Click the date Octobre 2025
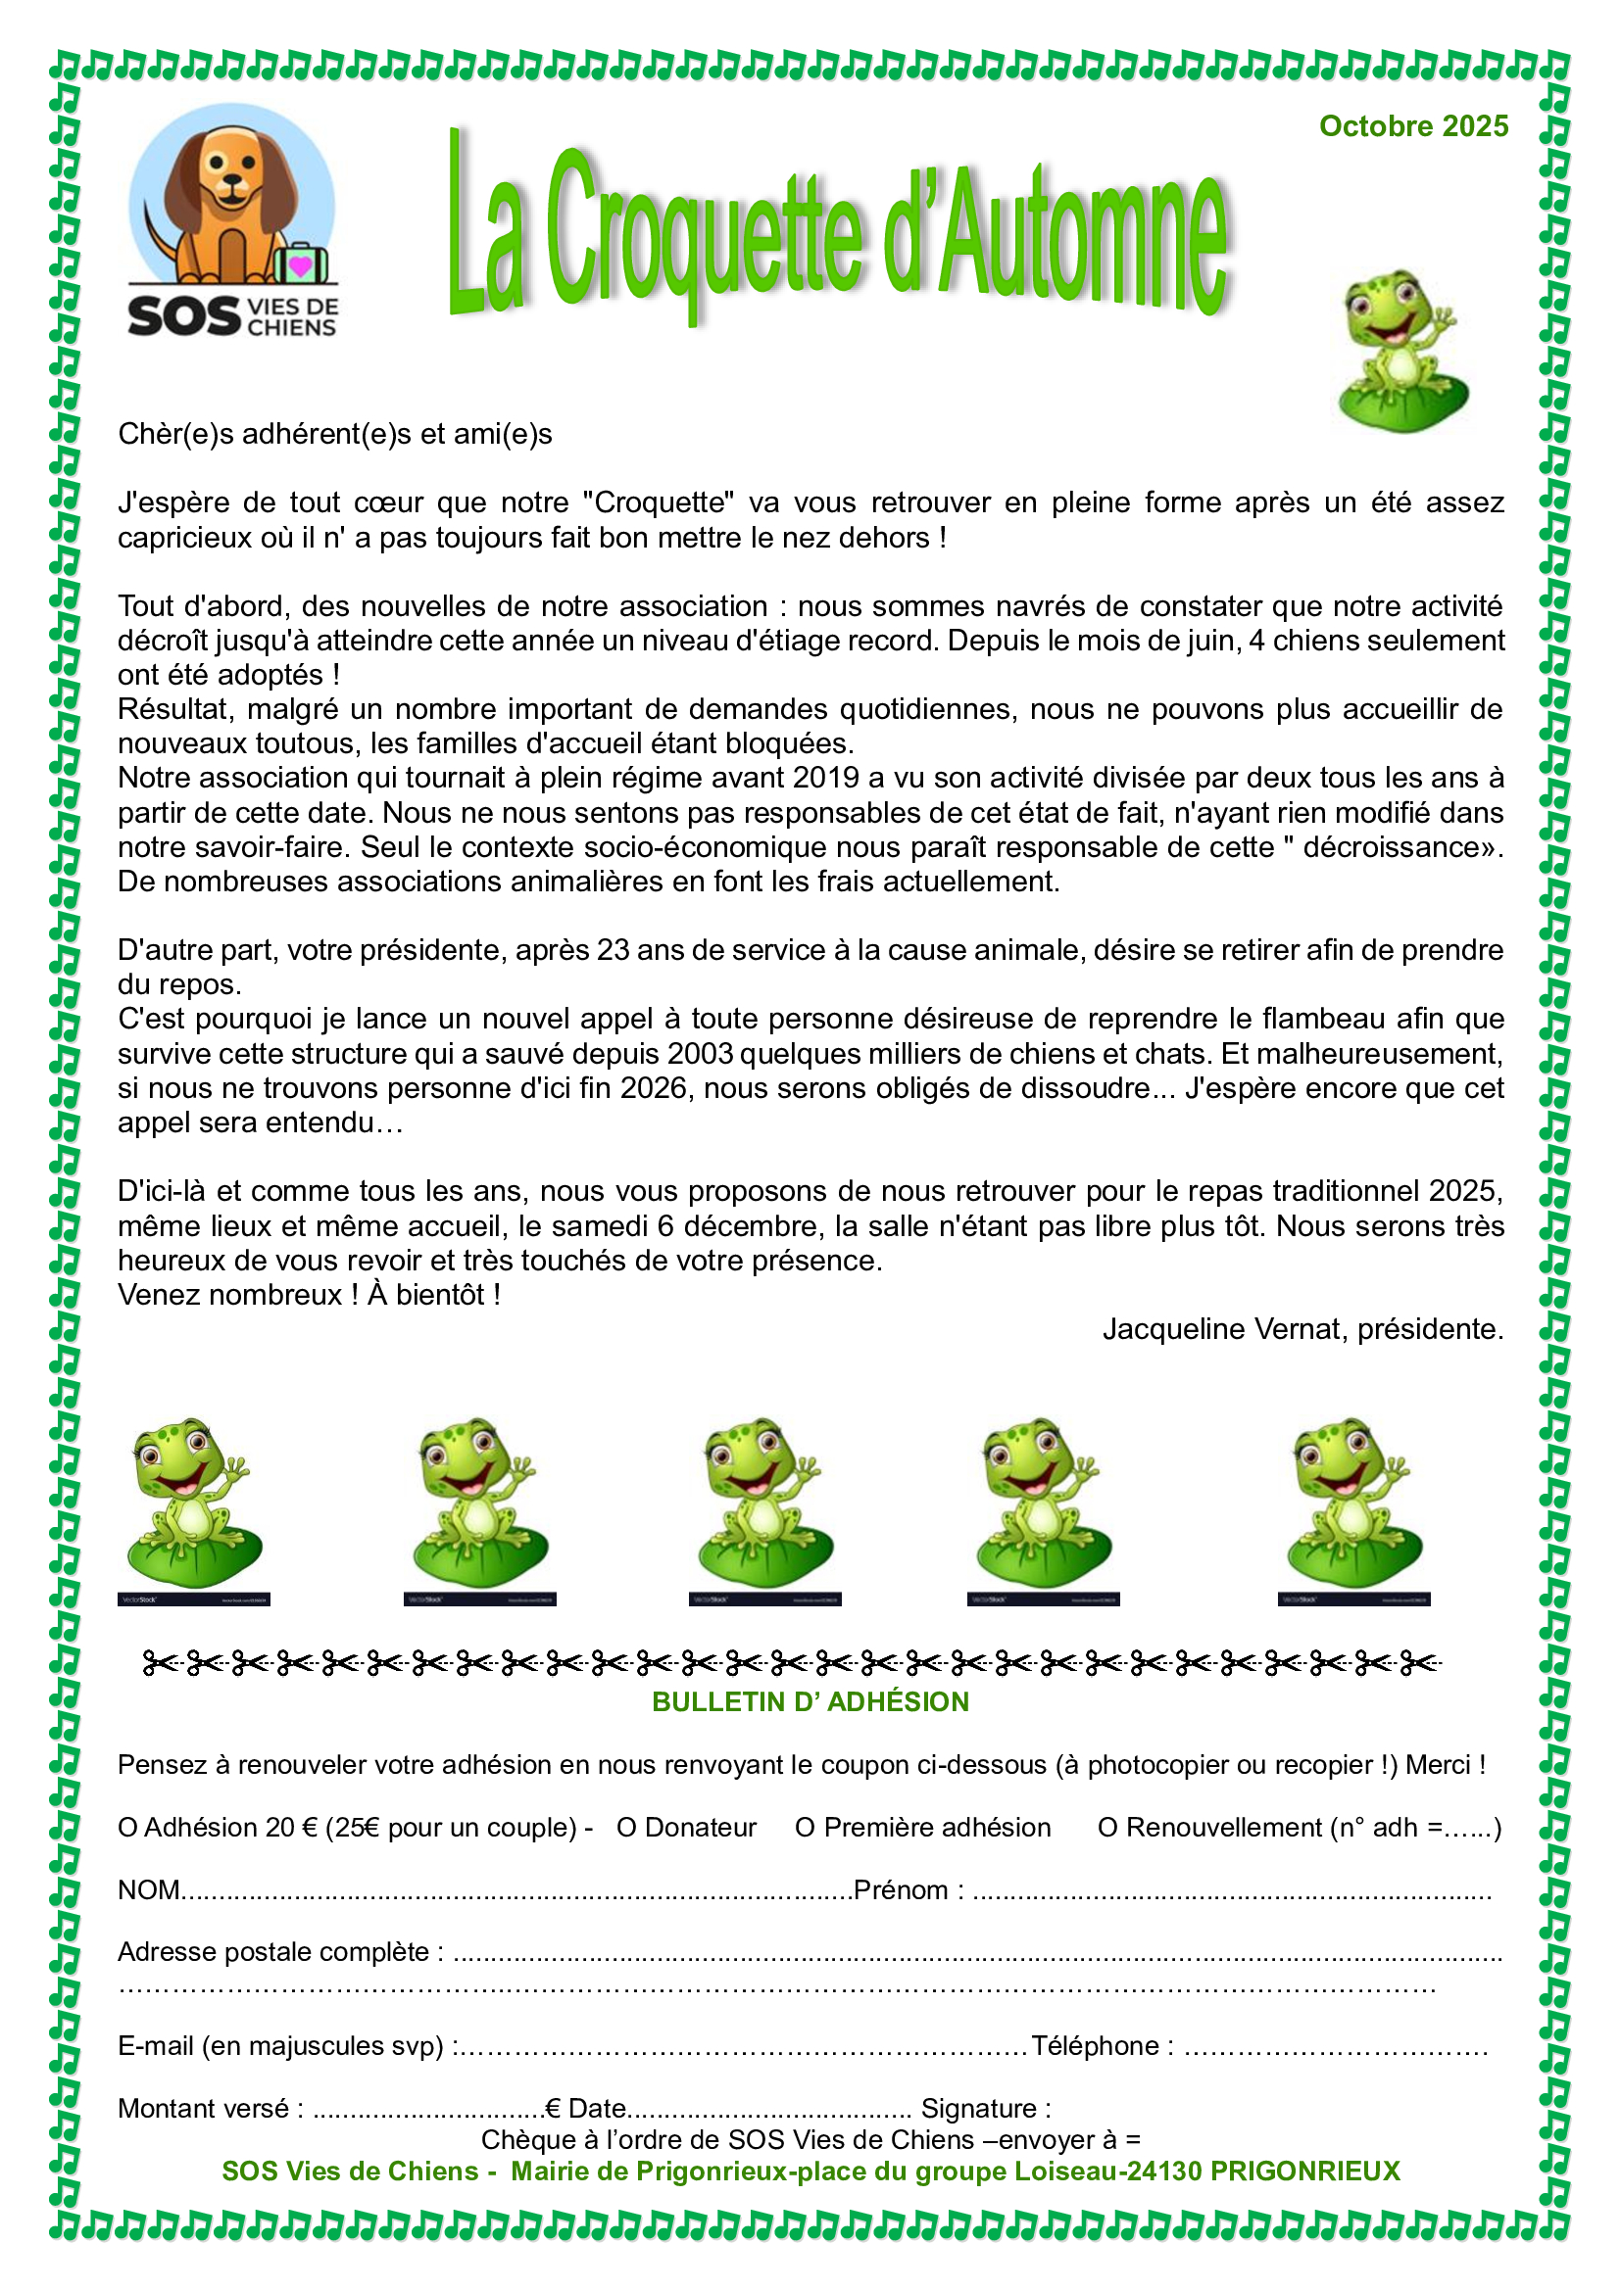click(1412, 126)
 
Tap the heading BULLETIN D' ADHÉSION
click(810, 1701)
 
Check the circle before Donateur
click(626, 1828)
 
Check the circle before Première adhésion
click(805, 1828)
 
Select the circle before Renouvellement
click(1106, 1828)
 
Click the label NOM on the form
click(149, 1889)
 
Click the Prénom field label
click(901, 1889)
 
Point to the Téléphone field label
click(1095, 2045)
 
